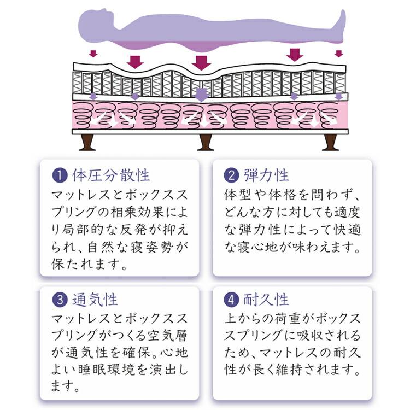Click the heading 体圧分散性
coord(110,175)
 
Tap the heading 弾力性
coord(266,175)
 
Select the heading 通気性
coord(95,300)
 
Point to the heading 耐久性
coord(266,300)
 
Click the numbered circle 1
coord(60,175)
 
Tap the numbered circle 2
coord(231,175)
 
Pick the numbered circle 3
coord(60,300)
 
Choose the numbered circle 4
coord(231,300)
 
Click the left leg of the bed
coord(87,143)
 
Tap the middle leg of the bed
coord(205,143)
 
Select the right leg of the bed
coord(330,143)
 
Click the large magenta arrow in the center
coord(201,63)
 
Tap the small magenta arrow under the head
coord(93,54)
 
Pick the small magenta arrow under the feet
coord(339,54)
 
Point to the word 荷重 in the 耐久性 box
coord(289,318)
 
